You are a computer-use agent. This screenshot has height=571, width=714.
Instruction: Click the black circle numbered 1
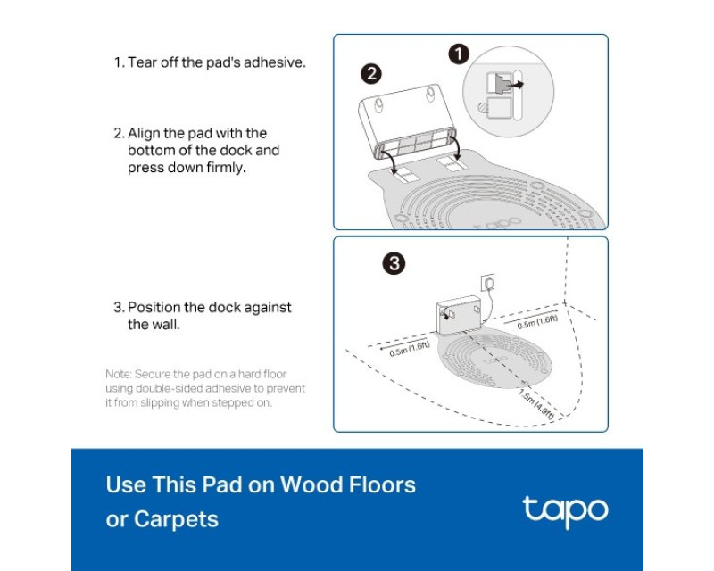(x=459, y=54)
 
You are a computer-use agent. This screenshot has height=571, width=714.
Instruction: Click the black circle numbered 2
(x=371, y=74)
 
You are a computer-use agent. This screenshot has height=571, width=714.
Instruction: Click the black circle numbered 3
(x=394, y=263)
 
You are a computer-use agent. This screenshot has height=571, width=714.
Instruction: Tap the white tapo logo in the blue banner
(x=565, y=512)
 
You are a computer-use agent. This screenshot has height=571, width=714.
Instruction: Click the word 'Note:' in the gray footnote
(x=119, y=375)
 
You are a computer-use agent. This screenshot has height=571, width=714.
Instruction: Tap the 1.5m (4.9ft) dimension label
(x=537, y=404)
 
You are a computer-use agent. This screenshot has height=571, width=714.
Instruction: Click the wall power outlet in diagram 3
(x=488, y=283)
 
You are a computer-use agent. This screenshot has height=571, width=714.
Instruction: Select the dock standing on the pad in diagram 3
(x=459, y=315)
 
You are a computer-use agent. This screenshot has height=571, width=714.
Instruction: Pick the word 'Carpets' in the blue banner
(x=176, y=519)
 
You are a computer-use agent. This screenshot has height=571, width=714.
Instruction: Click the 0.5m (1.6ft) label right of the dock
(x=537, y=321)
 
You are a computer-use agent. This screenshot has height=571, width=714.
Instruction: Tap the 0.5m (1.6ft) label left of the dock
(x=410, y=349)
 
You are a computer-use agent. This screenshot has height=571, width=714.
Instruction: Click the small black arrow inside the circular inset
(x=516, y=85)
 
